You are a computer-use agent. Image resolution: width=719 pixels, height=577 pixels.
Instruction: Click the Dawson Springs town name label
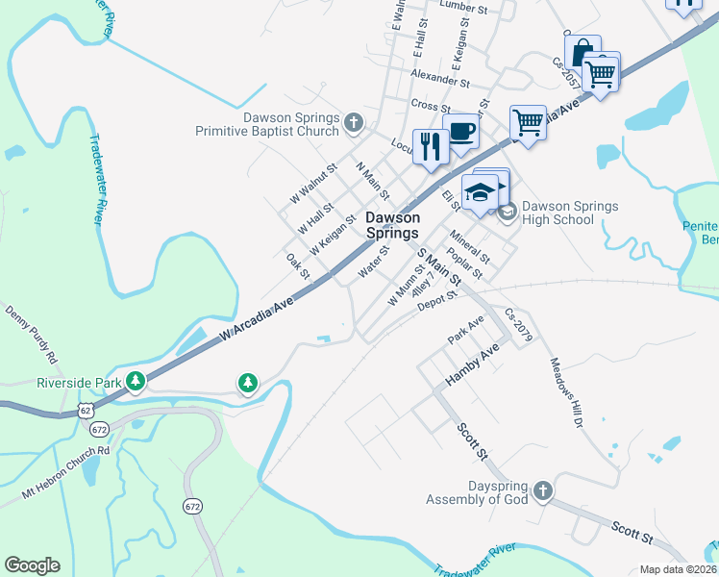pos(392,225)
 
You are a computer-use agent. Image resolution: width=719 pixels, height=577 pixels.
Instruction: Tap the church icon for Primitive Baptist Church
pos(354,122)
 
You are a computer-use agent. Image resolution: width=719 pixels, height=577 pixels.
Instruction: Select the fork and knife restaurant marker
pos(430,146)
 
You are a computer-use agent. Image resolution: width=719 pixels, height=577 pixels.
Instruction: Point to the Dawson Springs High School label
pos(570,213)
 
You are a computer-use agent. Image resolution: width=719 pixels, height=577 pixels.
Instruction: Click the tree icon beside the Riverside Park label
pos(136,382)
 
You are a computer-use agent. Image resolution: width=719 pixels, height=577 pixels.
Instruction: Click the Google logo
pos(32,565)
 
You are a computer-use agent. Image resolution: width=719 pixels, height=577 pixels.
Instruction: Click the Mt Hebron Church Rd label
pos(66,472)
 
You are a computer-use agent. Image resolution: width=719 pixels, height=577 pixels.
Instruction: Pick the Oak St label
pos(298,266)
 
